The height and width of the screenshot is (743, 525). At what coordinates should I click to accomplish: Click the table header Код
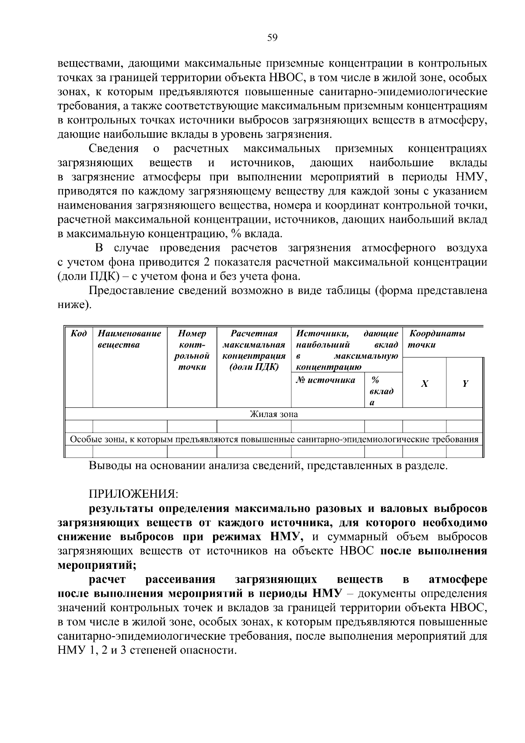79,334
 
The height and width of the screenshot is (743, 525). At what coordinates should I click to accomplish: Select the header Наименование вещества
129,339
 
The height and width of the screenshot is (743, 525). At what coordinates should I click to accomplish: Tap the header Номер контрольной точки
192,350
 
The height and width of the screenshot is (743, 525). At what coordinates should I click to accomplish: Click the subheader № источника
325,380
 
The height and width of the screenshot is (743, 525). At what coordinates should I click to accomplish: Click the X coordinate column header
424,384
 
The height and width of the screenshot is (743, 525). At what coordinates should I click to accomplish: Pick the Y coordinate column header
465,384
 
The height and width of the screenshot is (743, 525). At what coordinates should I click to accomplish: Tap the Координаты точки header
436,339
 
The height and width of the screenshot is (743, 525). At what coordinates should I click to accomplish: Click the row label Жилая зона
273,414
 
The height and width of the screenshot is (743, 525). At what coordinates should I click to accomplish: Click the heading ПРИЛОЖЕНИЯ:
133,494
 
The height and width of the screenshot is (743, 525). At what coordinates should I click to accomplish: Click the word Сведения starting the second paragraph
113,149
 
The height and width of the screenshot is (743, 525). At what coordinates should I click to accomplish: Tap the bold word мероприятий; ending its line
97,565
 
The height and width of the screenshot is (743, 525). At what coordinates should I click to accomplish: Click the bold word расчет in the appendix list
107,579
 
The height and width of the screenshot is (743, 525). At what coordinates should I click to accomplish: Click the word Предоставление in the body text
131,291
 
